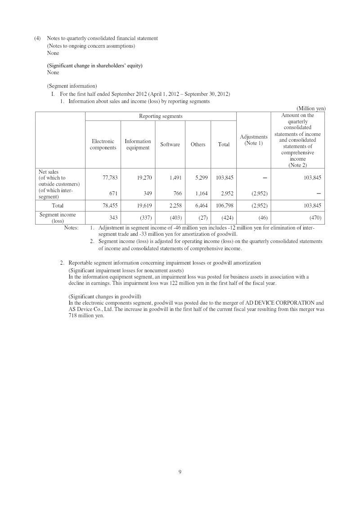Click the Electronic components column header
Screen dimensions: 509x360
(x=103, y=144)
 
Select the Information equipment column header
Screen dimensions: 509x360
(x=138, y=144)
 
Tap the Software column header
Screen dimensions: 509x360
(x=170, y=144)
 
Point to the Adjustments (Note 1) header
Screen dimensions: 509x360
(x=254, y=140)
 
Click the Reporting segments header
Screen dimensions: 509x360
(x=161, y=116)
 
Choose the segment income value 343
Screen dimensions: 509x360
(x=113, y=217)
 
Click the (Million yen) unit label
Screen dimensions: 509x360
(x=311, y=108)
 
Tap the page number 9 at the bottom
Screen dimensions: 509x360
(x=180, y=472)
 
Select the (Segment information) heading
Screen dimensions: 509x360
(x=72, y=86)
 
